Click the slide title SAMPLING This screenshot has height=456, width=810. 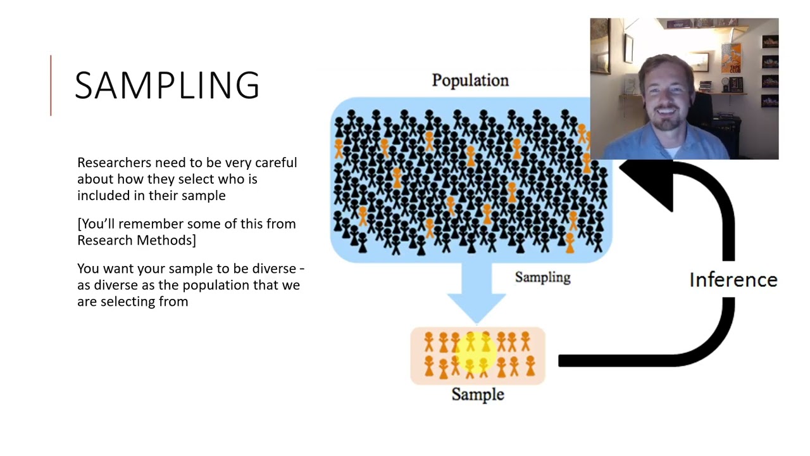tap(167, 85)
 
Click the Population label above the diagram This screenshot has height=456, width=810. tap(470, 80)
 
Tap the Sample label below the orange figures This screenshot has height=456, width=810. tap(477, 395)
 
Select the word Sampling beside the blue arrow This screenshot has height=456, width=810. tap(542, 277)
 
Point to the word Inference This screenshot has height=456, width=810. tap(733, 280)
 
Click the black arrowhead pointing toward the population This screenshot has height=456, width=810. tap(649, 184)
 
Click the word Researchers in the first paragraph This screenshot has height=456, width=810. tap(114, 163)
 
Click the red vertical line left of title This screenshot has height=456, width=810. tap(51, 85)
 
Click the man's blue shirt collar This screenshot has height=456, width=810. tap(664, 144)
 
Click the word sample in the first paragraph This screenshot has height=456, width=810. tap(203, 196)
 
